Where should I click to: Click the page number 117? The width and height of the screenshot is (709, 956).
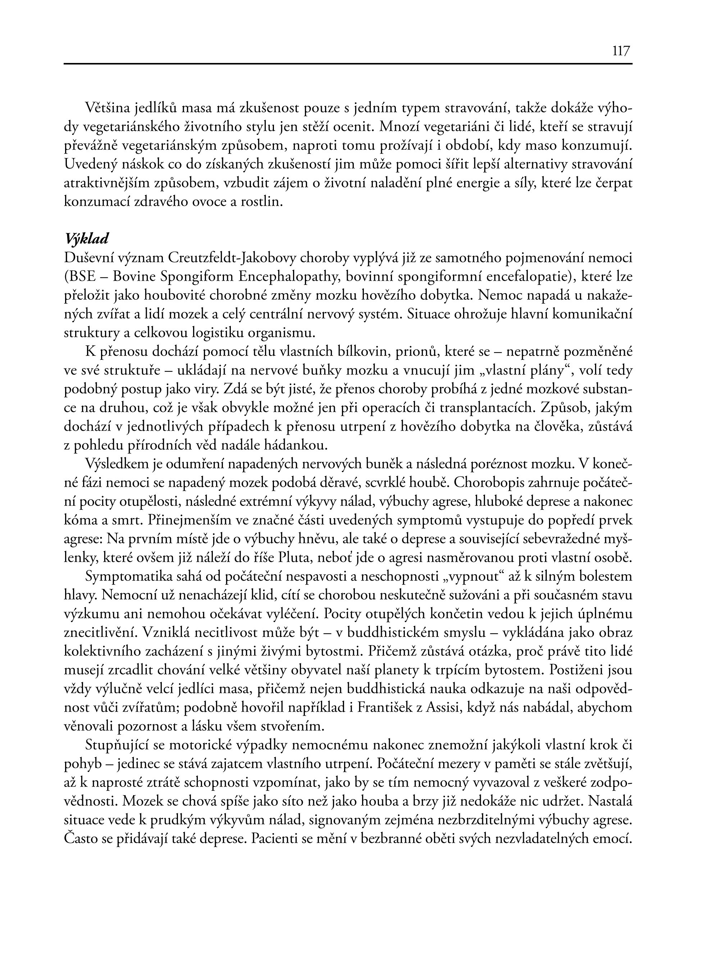click(x=621, y=51)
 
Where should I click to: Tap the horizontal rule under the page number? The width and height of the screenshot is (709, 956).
click(x=348, y=64)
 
